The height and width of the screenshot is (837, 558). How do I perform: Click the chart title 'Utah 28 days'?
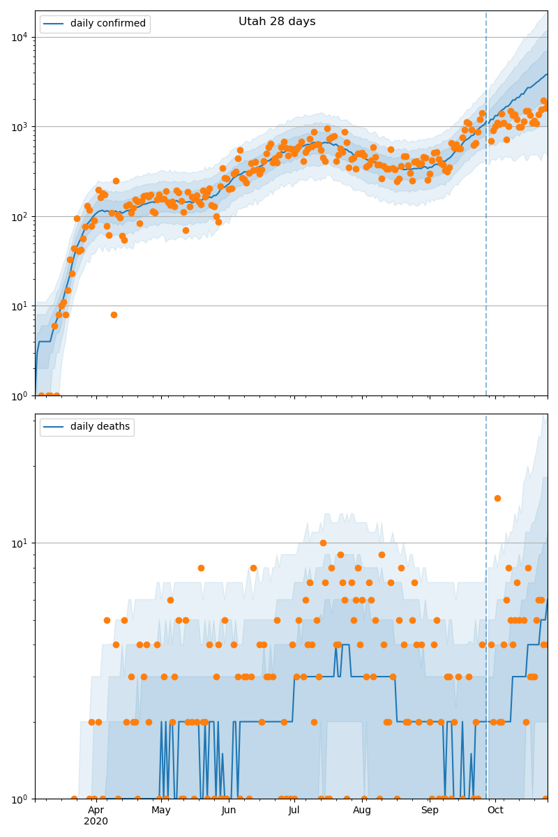277,22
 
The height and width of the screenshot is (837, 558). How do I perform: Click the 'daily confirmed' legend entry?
107,24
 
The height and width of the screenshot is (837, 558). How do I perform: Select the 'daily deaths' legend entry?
100,427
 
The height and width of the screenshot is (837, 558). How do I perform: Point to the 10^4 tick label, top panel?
19,37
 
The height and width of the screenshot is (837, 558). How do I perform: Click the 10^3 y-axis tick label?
19,127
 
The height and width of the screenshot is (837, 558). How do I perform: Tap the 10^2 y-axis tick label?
19,216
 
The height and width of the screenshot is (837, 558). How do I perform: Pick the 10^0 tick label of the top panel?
19,395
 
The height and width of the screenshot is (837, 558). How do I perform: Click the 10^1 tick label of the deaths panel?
19,543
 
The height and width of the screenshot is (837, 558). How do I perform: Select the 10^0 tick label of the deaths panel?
19,799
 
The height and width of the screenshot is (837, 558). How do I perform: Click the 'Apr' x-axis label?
96,810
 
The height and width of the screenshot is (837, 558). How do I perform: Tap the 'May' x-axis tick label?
161,810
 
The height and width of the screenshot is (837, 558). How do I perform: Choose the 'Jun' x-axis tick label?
229,810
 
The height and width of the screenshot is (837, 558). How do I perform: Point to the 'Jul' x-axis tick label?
294,810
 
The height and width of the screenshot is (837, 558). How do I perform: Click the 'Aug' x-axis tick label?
362,810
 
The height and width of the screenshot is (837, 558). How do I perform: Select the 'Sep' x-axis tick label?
430,810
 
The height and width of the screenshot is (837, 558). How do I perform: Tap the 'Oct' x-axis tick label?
495,810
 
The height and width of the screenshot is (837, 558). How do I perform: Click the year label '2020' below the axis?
96,821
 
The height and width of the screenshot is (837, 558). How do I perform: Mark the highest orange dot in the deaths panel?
497,498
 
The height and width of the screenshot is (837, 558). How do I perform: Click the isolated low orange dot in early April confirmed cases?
114,315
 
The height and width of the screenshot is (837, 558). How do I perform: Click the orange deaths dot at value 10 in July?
323,543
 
